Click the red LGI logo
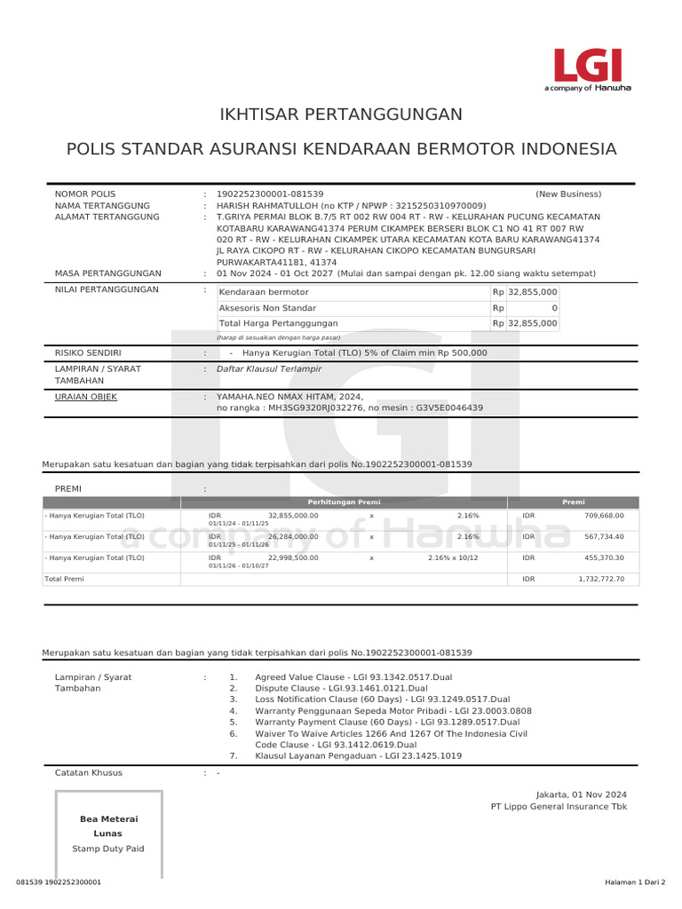pyautogui.click(x=587, y=66)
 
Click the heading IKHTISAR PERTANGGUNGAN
pyautogui.click(x=341, y=115)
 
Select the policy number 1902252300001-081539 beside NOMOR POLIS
pyautogui.click(x=270, y=194)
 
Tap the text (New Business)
pyautogui.click(x=567, y=194)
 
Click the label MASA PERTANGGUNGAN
pyautogui.click(x=108, y=273)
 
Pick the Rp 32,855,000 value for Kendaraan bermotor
pyautogui.click(x=532, y=292)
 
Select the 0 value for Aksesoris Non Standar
pyautogui.click(x=554, y=308)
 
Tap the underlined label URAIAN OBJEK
pyautogui.click(x=86, y=397)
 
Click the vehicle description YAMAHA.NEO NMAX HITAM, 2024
pyautogui.click(x=289, y=397)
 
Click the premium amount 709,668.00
pyautogui.click(x=604, y=515)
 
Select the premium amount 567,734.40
pyautogui.click(x=604, y=536)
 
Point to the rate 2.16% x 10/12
pyautogui.click(x=453, y=557)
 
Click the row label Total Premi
pyautogui.click(x=65, y=579)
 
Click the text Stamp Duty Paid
pyautogui.click(x=108, y=849)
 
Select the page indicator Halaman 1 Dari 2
pyautogui.click(x=635, y=882)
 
